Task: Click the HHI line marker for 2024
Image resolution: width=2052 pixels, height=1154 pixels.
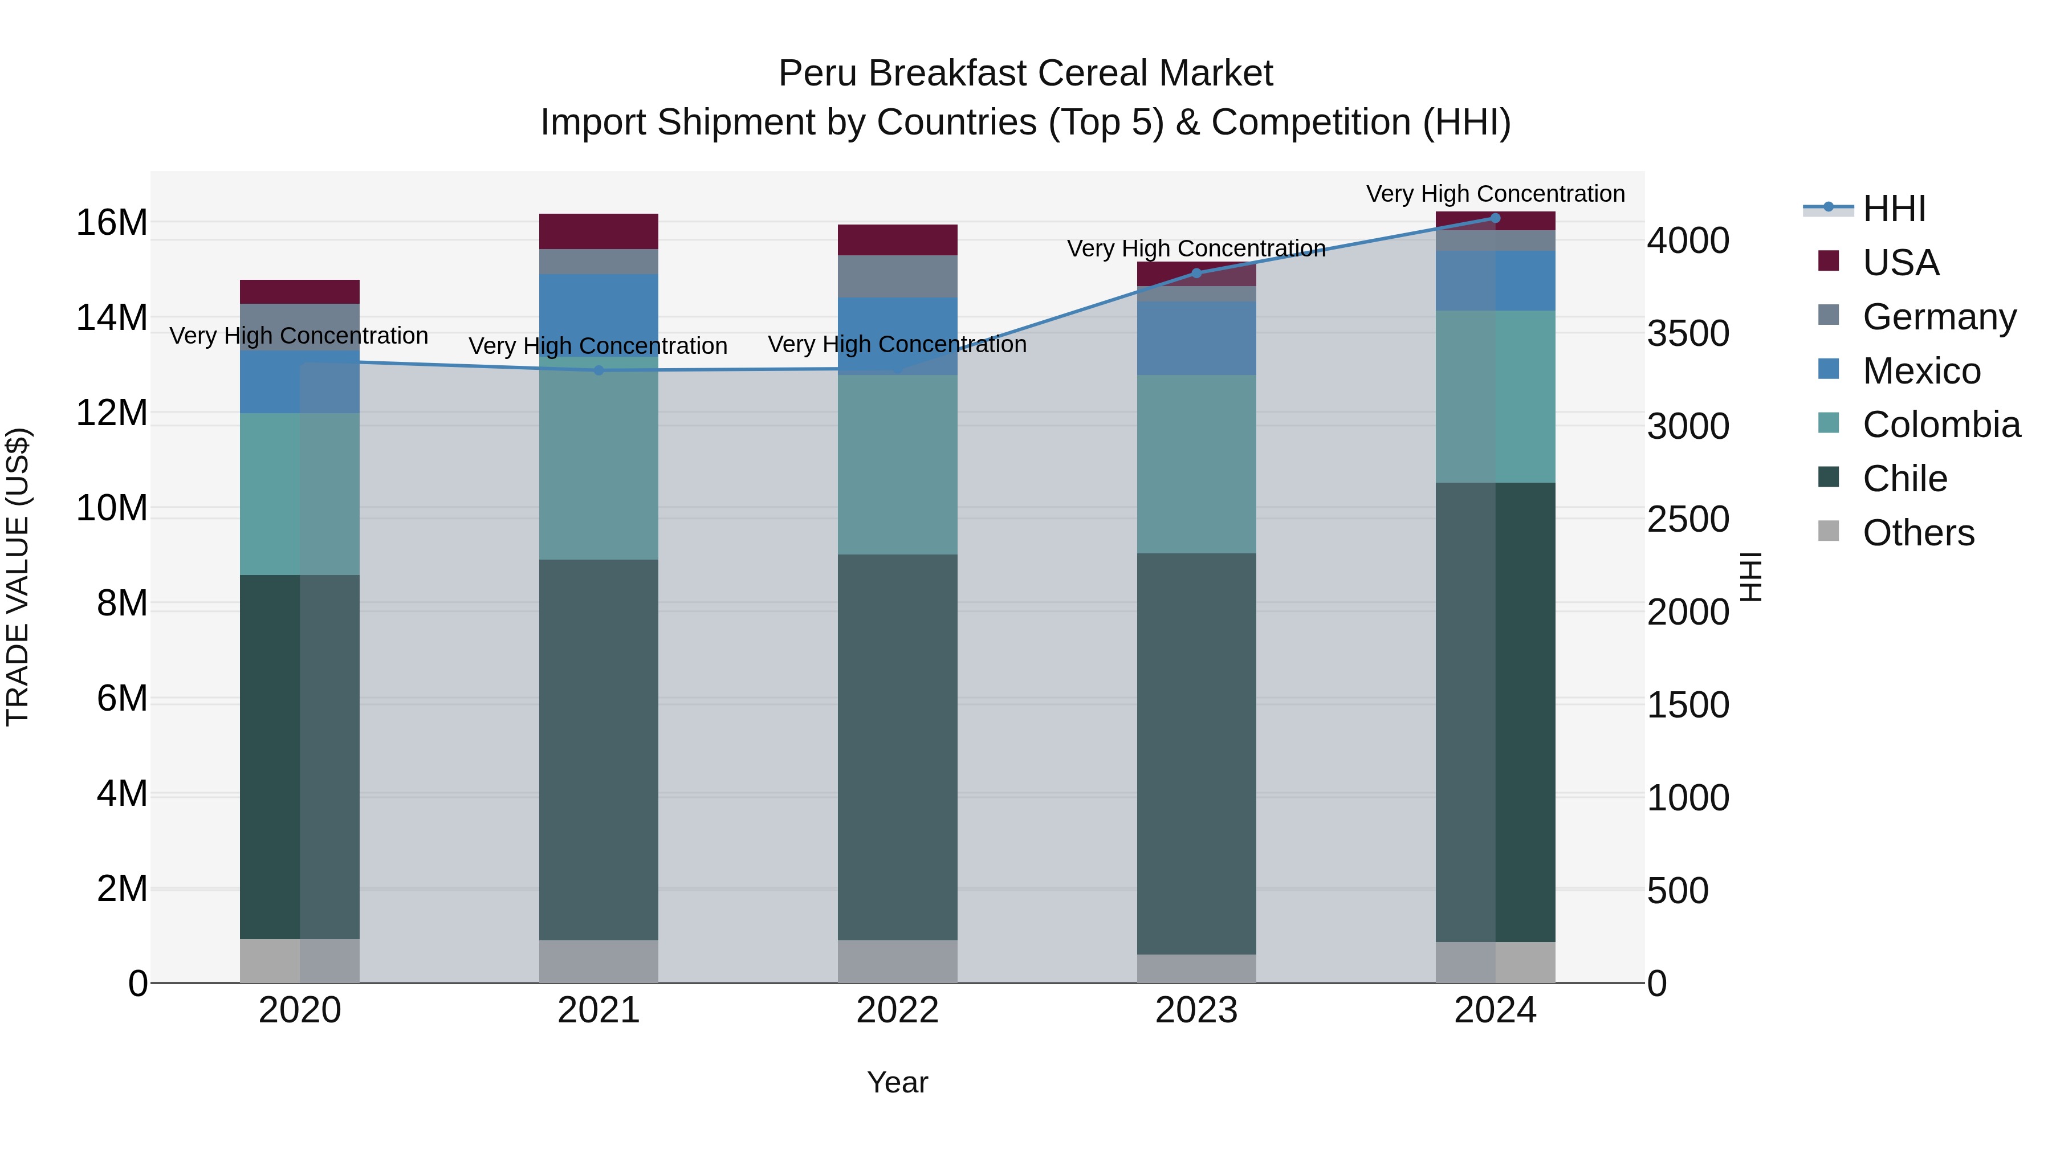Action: point(1495,218)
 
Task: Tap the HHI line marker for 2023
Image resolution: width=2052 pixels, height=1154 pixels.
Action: point(1196,273)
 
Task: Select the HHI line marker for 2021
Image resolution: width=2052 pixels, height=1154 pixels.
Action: point(599,370)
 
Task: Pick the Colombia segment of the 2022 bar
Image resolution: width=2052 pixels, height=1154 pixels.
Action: point(897,464)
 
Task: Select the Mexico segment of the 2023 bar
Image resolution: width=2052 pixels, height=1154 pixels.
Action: point(1196,338)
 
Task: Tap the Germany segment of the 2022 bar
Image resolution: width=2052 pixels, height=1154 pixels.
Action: point(897,276)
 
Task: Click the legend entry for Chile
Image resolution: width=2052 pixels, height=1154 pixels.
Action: point(1904,479)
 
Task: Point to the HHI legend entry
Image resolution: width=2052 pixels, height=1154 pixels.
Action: point(1894,209)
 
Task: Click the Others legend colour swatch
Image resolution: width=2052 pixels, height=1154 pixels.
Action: point(1829,531)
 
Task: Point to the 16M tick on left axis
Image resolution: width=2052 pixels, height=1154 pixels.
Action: point(112,222)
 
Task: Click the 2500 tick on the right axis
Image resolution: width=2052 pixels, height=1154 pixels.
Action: point(1687,519)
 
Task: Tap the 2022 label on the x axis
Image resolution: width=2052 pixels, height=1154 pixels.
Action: point(897,1010)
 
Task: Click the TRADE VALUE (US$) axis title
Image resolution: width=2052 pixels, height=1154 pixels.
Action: point(18,577)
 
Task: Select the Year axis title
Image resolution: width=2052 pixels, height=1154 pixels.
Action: point(897,1082)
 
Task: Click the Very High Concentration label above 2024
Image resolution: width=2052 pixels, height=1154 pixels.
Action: point(1495,194)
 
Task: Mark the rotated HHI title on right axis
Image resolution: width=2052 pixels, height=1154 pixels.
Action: point(1751,577)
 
